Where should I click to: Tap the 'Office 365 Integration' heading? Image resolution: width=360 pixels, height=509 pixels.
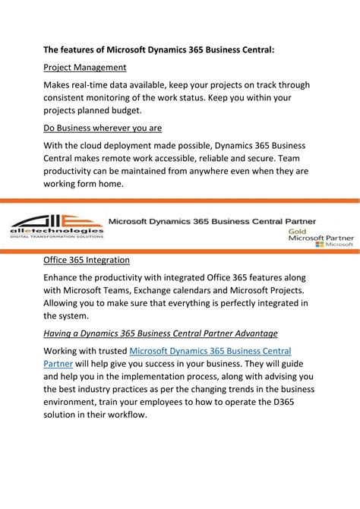[86, 260]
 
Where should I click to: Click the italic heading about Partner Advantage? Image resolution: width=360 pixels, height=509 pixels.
[159, 333]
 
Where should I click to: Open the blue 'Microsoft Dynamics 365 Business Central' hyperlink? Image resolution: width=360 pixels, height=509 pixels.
[210, 351]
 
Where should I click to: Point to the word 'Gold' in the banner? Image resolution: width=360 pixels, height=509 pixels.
[298, 229]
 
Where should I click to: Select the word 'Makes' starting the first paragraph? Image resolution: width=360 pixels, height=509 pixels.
[59, 85]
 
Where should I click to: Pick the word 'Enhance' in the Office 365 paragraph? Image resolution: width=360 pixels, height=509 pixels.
[65, 277]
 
